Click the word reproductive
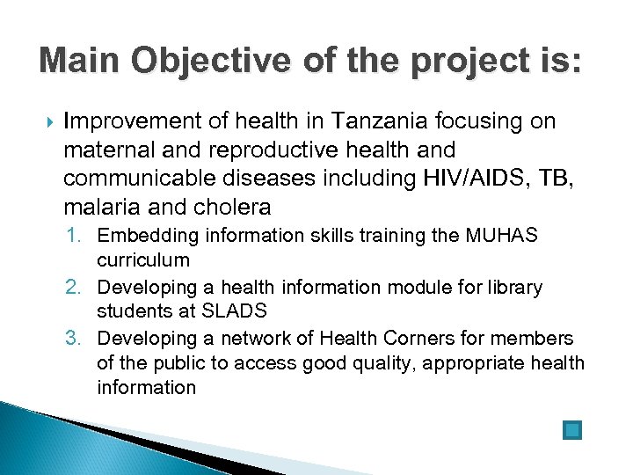point(275,150)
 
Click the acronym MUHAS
point(504,236)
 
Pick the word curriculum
point(143,260)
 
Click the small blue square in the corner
point(571,430)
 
